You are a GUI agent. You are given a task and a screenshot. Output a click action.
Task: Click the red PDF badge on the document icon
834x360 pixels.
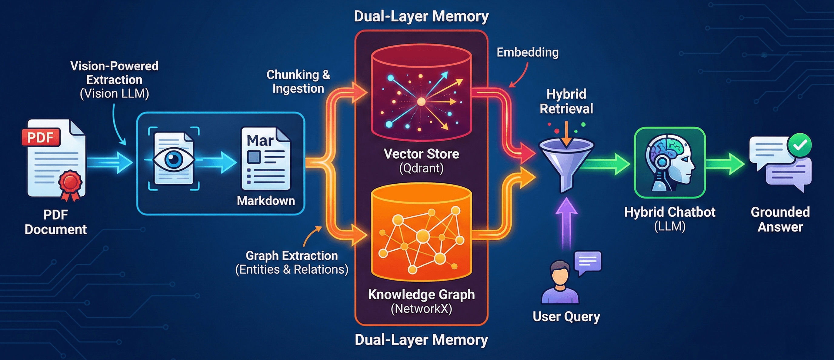click(x=41, y=137)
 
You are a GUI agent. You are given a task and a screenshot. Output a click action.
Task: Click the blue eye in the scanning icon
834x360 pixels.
click(x=173, y=159)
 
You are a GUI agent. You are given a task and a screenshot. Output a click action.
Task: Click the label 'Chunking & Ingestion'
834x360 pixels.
click(x=298, y=82)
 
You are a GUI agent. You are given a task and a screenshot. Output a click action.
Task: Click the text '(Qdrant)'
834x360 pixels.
click(x=421, y=168)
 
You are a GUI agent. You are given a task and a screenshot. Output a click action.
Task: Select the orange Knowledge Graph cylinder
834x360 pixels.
click(x=421, y=233)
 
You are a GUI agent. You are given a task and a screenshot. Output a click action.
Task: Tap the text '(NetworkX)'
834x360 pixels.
click(x=421, y=309)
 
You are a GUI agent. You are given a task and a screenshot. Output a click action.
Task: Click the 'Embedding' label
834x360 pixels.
click(x=527, y=52)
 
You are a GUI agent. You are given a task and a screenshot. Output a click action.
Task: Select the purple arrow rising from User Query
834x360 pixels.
click(x=566, y=220)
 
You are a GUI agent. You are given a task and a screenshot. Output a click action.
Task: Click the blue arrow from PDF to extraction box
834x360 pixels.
click(x=110, y=162)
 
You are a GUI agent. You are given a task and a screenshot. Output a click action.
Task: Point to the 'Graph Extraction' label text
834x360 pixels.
click(x=291, y=256)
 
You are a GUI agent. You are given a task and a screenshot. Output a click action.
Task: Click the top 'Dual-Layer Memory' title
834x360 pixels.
click(x=421, y=16)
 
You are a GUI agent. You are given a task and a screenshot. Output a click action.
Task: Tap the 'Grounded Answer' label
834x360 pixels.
click(x=780, y=219)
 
